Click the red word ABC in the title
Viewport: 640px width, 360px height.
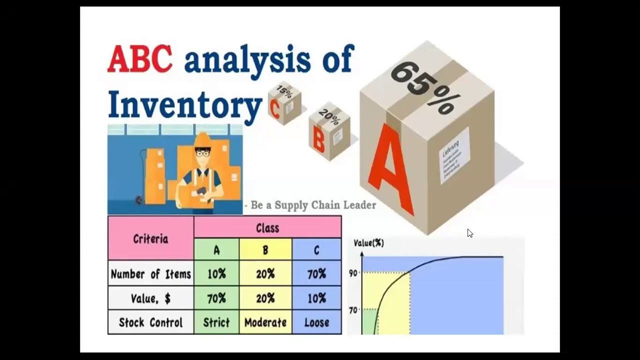[x=139, y=59]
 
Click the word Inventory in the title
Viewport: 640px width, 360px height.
[x=184, y=104]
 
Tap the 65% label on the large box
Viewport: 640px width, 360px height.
[x=423, y=87]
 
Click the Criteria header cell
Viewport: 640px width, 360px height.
[x=150, y=238]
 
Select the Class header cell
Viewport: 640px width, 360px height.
[x=267, y=228]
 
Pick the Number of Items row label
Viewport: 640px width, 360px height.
[x=150, y=274]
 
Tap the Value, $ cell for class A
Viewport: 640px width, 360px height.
[x=216, y=298]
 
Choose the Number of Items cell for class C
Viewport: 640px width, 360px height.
[x=316, y=274]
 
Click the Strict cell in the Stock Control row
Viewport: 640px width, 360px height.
[x=216, y=322]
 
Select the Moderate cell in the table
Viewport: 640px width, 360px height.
[x=265, y=322]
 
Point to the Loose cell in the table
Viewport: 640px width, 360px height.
[x=316, y=322]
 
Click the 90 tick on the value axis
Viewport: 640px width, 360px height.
[x=353, y=273]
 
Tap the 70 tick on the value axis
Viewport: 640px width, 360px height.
[x=353, y=310]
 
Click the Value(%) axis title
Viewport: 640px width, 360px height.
[x=368, y=243]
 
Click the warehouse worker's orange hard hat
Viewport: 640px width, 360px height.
[x=202, y=139]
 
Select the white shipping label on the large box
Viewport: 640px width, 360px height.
[x=454, y=155]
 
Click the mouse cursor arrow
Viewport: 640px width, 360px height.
[x=470, y=233]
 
